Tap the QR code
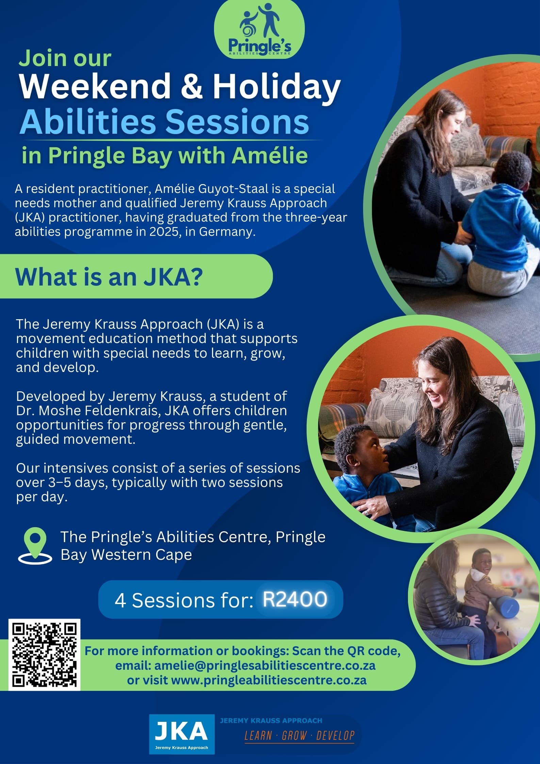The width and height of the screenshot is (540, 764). tap(45, 654)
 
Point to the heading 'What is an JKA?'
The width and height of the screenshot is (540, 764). tap(109, 277)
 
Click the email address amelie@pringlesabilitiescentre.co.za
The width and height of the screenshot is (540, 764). tap(265, 665)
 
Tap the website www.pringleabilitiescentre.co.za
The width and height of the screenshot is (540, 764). tap(268, 680)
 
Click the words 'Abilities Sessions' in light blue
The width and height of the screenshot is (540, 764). tap(164, 121)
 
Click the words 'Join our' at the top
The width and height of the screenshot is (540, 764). tap(65, 58)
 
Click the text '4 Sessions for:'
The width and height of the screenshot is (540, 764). tap(183, 600)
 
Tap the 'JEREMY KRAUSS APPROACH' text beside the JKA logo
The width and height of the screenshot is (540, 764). tap(271, 720)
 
